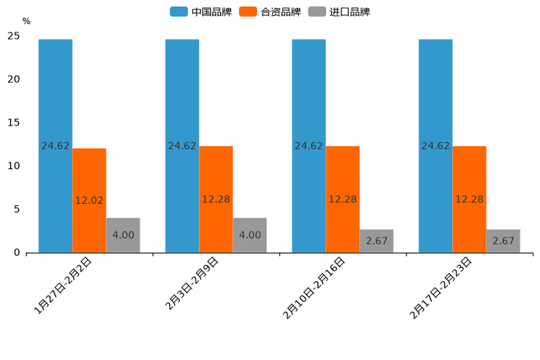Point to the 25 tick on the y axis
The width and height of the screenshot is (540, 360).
tap(14, 36)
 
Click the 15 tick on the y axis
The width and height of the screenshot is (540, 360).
tap(14, 123)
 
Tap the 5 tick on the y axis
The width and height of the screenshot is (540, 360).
tap(17, 209)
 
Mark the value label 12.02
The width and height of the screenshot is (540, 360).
tap(89, 200)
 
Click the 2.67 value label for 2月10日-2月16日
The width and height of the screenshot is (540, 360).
tap(376, 241)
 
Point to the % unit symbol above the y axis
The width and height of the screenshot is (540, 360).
tap(26, 21)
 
